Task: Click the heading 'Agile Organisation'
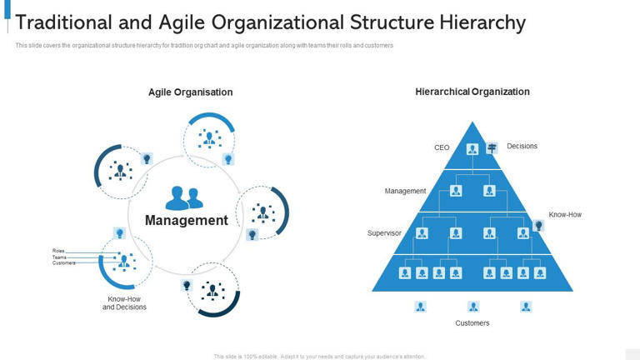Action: click(x=190, y=92)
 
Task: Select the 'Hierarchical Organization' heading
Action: click(x=472, y=92)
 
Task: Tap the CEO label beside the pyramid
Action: click(x=442, y=147)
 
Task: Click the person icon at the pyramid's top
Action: click(x=472, y=149)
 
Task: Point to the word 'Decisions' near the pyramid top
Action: click(x=522, y=146)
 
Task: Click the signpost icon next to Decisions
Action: click(x=492, y=147)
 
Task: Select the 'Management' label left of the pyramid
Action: click(x=405, y=191)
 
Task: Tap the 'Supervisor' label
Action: click(x=384, y=233)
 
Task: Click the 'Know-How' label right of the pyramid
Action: click(x=565, y=214)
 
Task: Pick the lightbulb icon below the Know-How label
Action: click(x=538, y=226)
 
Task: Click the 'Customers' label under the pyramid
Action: click(x=472, y=322)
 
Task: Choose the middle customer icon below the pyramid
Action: click(x=473, y=307)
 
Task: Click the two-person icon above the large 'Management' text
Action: click(x=184, y=198)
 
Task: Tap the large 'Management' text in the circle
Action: click(x=186, y=221)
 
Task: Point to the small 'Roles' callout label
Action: click(x=58, y=251)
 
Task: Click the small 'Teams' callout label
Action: click(x=59, y=257)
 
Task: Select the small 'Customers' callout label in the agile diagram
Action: click(x=63, y=263)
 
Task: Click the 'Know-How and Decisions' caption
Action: click(x=124, y=302)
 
